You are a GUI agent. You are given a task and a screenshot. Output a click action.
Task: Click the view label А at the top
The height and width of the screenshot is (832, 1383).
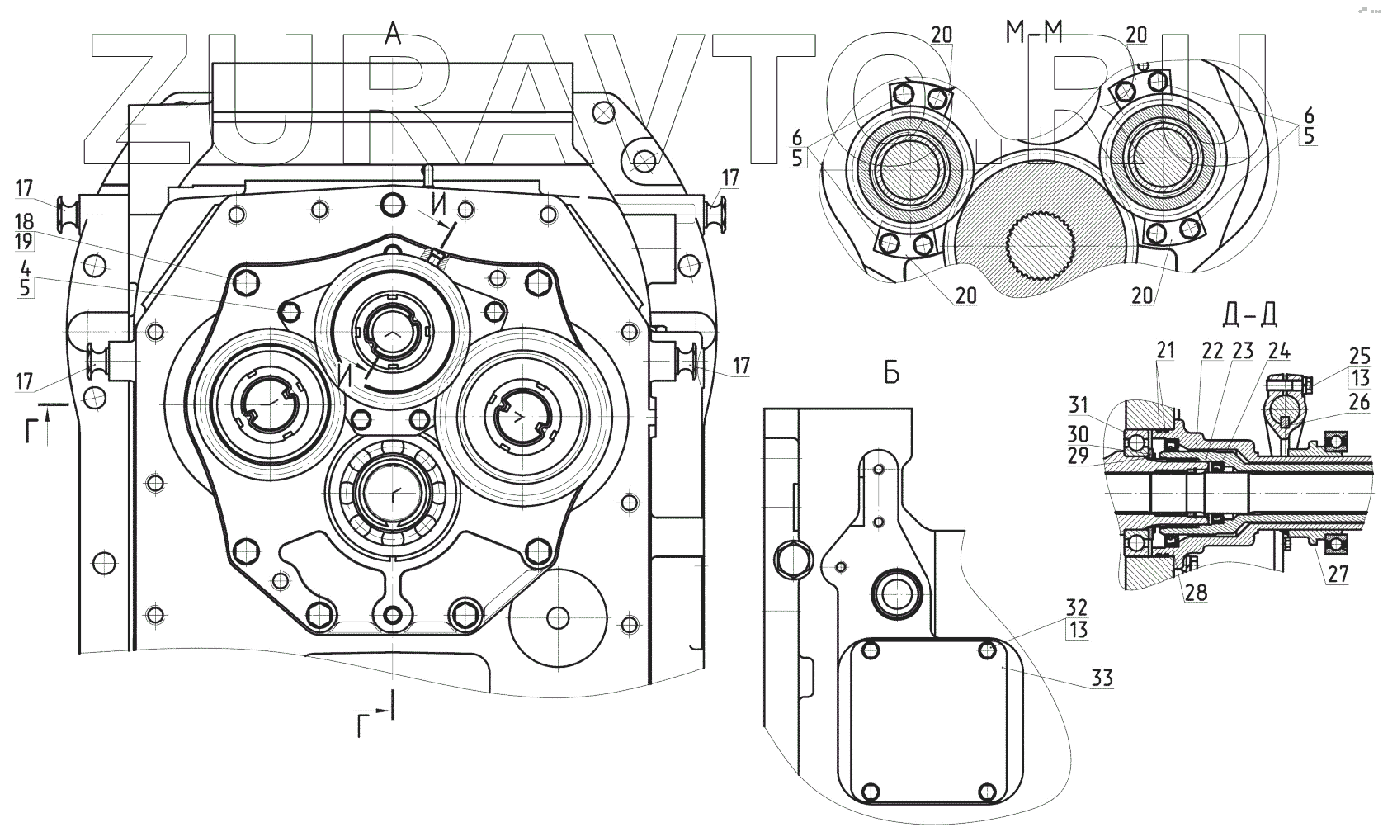pos(393,34)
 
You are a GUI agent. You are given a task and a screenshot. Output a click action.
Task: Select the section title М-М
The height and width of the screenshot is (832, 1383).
pos(1034,33)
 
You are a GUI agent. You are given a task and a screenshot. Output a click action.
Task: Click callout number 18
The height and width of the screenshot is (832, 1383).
pos(25,221)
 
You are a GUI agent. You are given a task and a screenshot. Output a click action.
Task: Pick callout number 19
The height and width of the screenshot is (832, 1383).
pos(25,241)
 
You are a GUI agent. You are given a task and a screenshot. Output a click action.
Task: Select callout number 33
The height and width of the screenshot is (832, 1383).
pos(1102,678)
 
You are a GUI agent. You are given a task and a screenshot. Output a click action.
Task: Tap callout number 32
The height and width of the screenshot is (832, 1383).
pos(1078,607)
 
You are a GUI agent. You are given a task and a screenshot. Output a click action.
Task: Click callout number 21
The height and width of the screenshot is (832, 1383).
pos(1165,351)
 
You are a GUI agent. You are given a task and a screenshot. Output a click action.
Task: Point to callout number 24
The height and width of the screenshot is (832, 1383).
pos(1278,351)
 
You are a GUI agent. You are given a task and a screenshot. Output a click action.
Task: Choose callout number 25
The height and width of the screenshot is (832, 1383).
pos(1360,357)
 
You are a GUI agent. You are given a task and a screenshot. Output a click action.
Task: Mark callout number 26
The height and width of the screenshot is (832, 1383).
pos(1360,402)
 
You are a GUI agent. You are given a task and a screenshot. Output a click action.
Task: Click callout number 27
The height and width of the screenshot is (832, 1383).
pos(1338,575)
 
